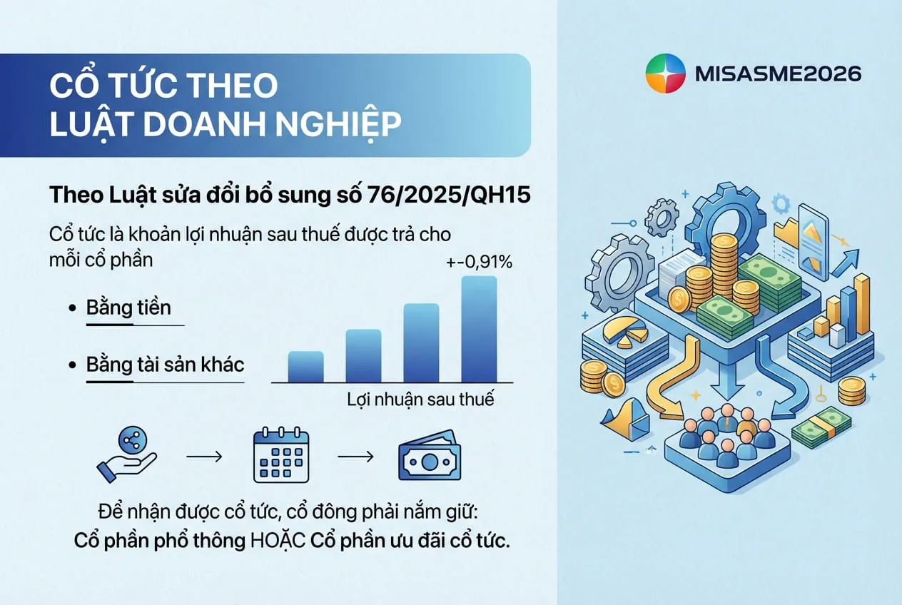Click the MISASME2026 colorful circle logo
(665, 73)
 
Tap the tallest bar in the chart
(479, 328)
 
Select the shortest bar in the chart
(305, 366)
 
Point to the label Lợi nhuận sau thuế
(420, 398)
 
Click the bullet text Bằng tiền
(128, 307)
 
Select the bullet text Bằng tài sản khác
(165, 365)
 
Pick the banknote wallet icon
(428, 454)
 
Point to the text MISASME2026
(777, 73)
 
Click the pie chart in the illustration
(626, 332)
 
